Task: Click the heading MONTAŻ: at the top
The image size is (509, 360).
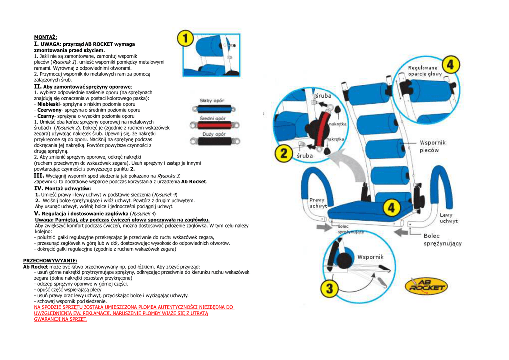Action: click(x=45, y=37)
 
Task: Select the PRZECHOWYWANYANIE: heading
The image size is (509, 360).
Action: click(x=50, y=260)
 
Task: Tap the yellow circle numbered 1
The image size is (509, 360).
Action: click(x=185, y=39)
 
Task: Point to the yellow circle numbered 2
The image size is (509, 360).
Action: click(x=284, y=153)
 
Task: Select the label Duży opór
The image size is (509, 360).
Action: click(x=214, y=134)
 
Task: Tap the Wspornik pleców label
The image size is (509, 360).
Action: click(x=432, y=146)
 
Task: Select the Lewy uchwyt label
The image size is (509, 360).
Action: click(x=448, y=218)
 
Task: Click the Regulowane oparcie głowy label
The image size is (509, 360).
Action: click(x=424, y=71)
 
